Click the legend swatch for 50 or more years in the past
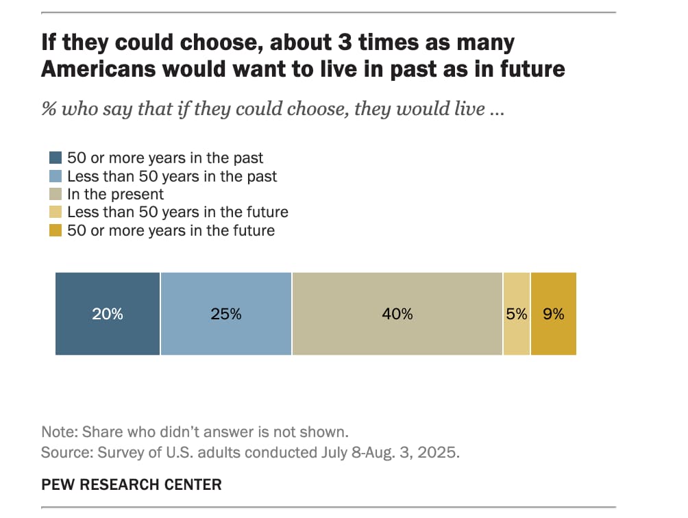coord(57,158)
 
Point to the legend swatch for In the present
coord(57,195)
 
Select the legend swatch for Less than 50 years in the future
coord(57,212)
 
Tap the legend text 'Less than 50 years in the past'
coord(172,176)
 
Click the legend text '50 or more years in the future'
coord(171,230)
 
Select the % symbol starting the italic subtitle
coord(49,110)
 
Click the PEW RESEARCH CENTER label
coord(132,485)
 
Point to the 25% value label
coord(226,314)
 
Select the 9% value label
coord(554,314)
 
